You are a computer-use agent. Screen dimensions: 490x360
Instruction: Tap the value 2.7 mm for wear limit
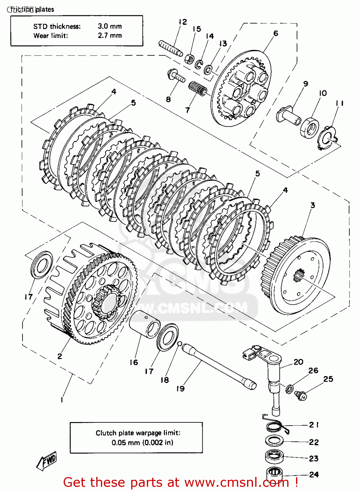pyautogui.click(x=110, y=36)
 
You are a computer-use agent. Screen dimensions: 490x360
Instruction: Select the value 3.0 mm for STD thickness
pyautogui.click(x=110, y=26)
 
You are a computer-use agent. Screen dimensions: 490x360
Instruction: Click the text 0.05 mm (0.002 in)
pyautogui.click(x=142, y=443)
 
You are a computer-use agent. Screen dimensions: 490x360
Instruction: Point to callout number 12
pyautogui.click(x=183, y=22)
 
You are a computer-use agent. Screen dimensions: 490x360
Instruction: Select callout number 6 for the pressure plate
pyautogui.click(x=276, y=33)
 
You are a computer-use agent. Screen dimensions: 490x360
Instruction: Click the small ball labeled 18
pyautogui.click(x=179, y=343)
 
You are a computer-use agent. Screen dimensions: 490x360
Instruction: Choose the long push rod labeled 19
pyautogui.click(x=219, y=366)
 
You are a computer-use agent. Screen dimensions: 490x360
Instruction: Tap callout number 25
pyautogui.click(x=328, y=379)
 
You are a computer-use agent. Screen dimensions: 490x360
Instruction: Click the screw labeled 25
pyautogui.click(x=300, y=395)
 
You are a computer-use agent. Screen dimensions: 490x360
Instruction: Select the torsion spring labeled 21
pyautogui.click(x=276, y=425)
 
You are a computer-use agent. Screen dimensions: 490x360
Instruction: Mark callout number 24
pyautogui.click(x=314, y=474)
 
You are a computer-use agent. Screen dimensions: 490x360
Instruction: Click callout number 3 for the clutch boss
pyautogui.click(x=312, y=205)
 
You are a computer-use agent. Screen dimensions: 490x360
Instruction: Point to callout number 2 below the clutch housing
pyautogui.click(x=60, y=356)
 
